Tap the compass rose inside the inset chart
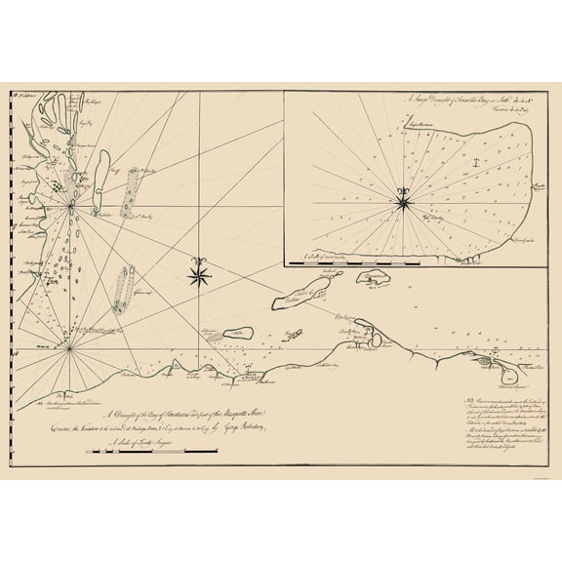tap(403, 201)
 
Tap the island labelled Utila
tap(235, 333)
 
